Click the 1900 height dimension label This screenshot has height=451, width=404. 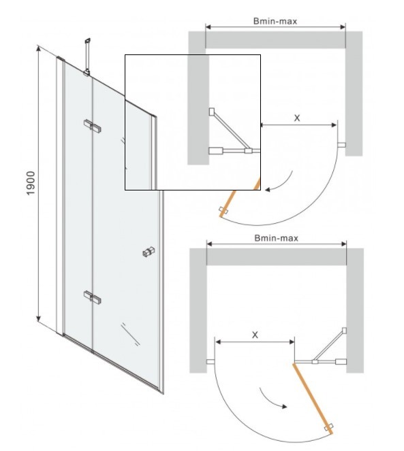point(31,183)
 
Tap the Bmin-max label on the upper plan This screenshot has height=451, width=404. point(275,21)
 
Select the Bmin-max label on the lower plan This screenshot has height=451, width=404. point(277,238)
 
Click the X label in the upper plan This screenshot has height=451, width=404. point(297,118)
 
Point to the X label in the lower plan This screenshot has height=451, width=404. point(255,335)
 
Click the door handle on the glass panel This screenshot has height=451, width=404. point(149,252)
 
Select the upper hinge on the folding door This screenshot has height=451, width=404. point(93,127)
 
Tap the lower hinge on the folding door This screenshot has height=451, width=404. point(93,297)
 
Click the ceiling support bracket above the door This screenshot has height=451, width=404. point(87,57)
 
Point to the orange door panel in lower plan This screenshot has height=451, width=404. point(313,399)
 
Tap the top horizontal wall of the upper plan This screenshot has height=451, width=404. point(275,39)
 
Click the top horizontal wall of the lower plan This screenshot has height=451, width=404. point(277,256)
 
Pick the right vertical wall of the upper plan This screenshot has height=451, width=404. point(354,93)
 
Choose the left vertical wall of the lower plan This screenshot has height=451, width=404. point(198,311)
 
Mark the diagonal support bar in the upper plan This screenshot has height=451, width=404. point(230,130)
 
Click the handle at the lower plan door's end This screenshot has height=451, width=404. point(329,427)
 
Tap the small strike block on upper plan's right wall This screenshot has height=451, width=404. point(342,145)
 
